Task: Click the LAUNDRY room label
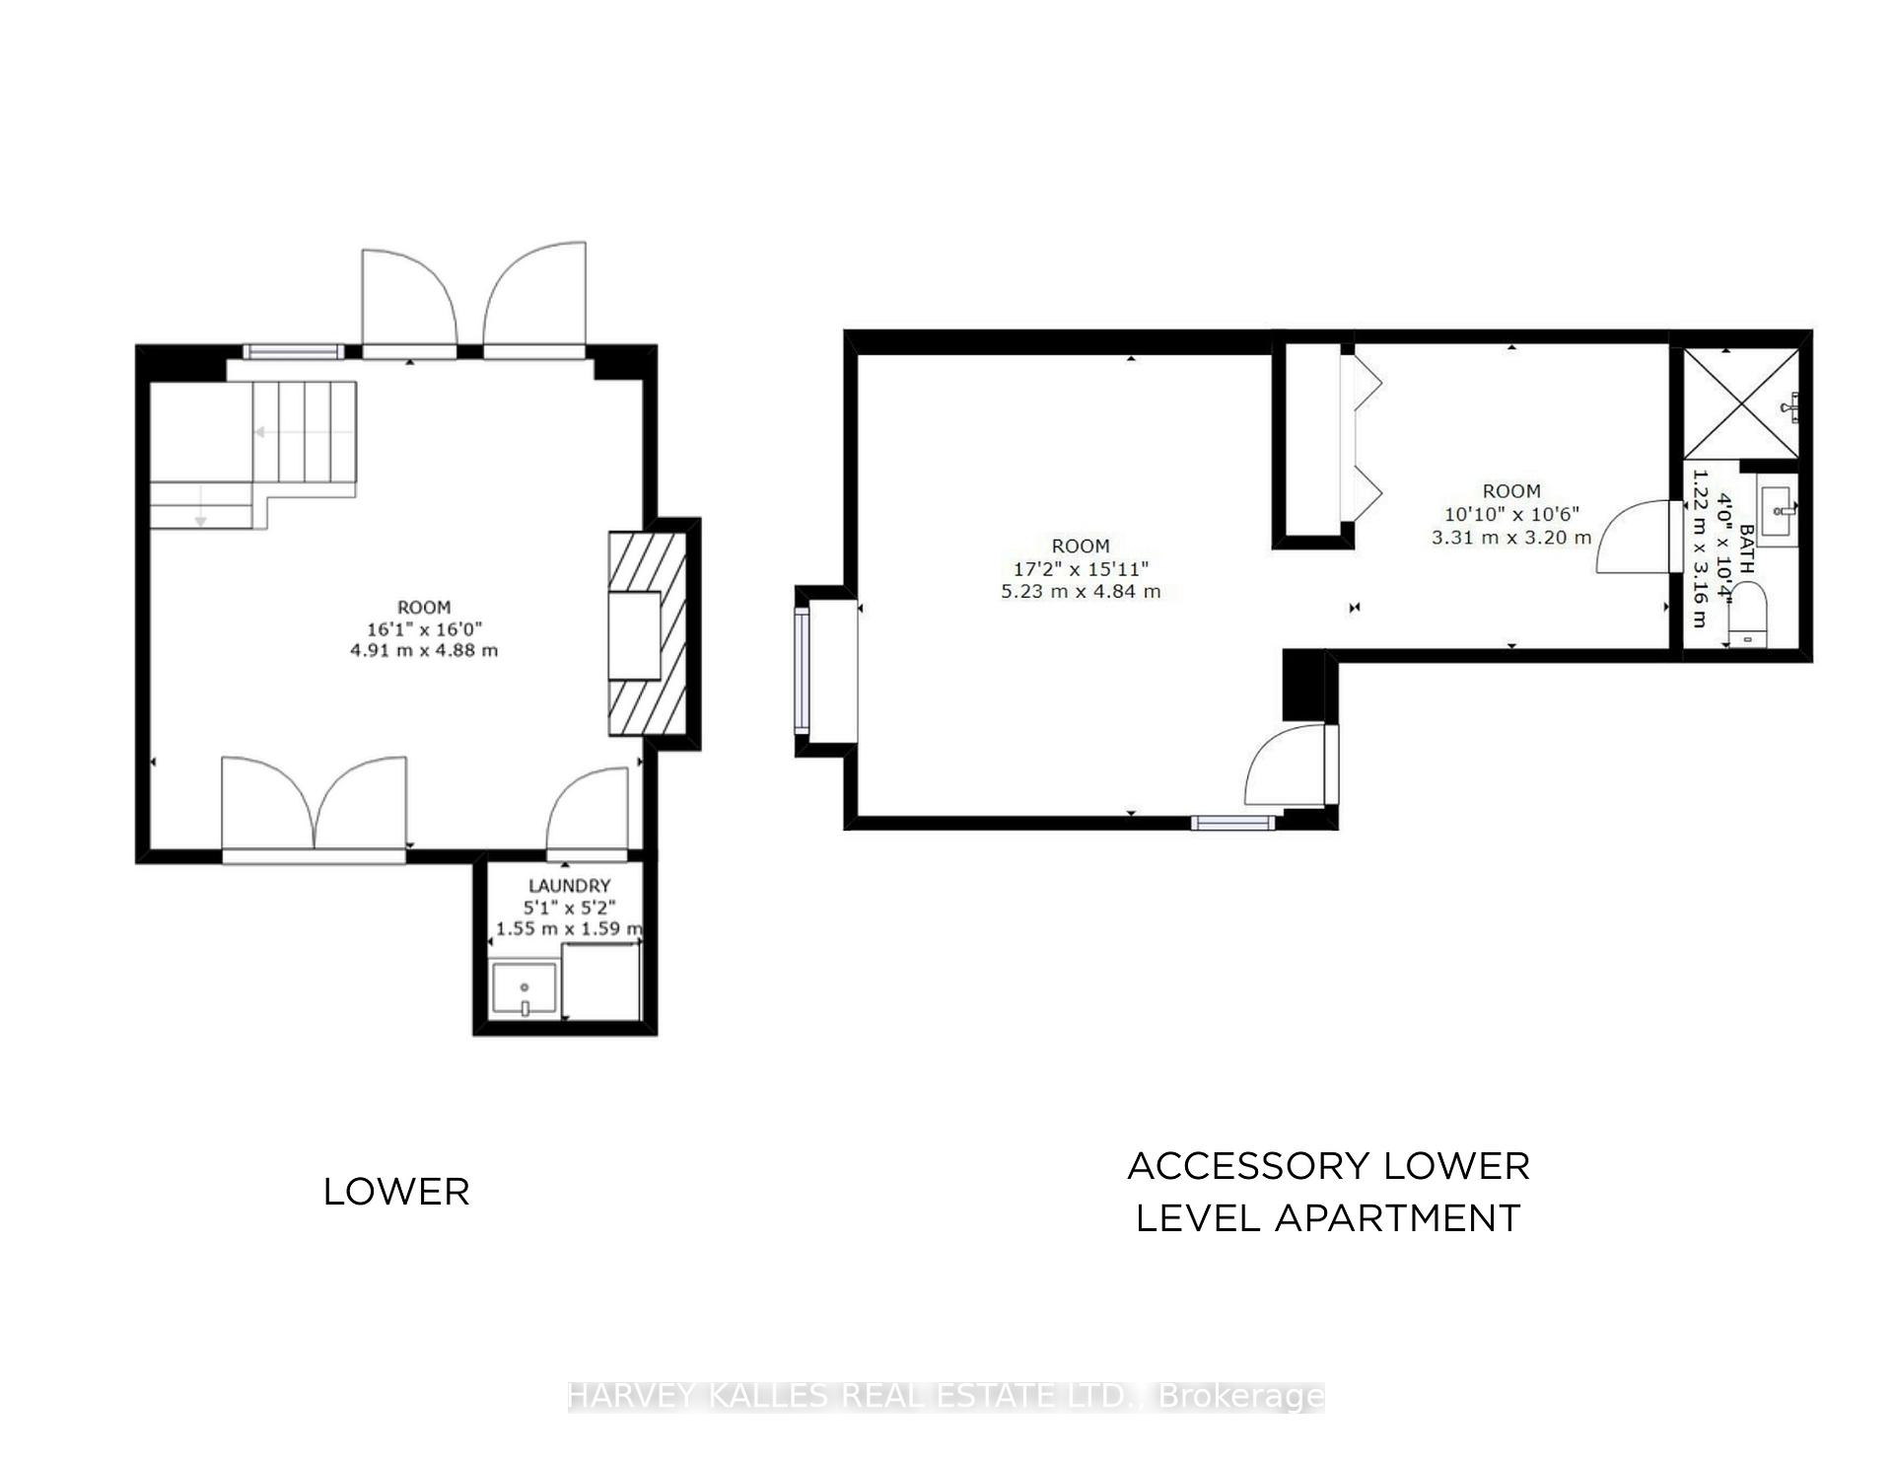569,886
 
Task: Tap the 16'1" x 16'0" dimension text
424,628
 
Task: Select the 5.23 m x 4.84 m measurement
1081,592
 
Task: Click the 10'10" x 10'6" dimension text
1511,514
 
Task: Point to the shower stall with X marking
1740,403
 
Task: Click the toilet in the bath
1749,615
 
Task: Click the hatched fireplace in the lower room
647,633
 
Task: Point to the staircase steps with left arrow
304,432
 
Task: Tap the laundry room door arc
586,809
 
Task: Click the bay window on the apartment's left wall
804,671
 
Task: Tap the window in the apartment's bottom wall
1232,823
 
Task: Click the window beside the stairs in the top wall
293,351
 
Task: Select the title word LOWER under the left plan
396,1192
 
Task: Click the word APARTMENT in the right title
1397,1218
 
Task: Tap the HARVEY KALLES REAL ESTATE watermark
946,1396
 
